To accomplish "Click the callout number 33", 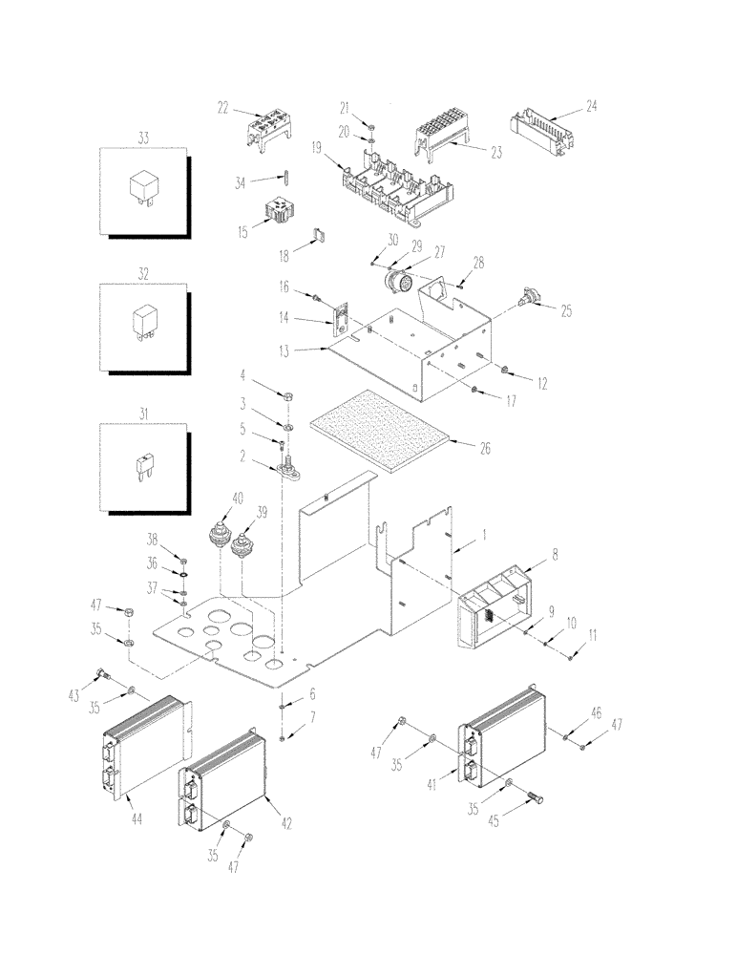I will coord(144,138).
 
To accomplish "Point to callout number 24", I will coord(591,108).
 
